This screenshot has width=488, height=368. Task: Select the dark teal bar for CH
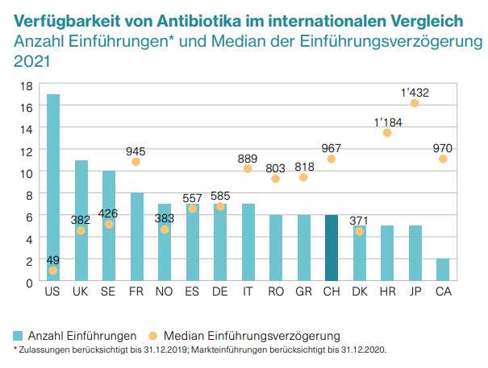click(332, 249)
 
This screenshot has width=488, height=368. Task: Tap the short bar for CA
click(443, 271)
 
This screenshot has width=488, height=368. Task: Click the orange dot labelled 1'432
click(415, 103)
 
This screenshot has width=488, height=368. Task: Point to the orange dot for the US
click(53, 271)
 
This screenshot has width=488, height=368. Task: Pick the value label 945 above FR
click(136, 150)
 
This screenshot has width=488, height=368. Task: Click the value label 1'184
click(387, 122)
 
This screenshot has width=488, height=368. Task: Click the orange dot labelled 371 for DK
click(359, 231)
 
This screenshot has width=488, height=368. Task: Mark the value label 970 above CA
click(443, 147)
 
